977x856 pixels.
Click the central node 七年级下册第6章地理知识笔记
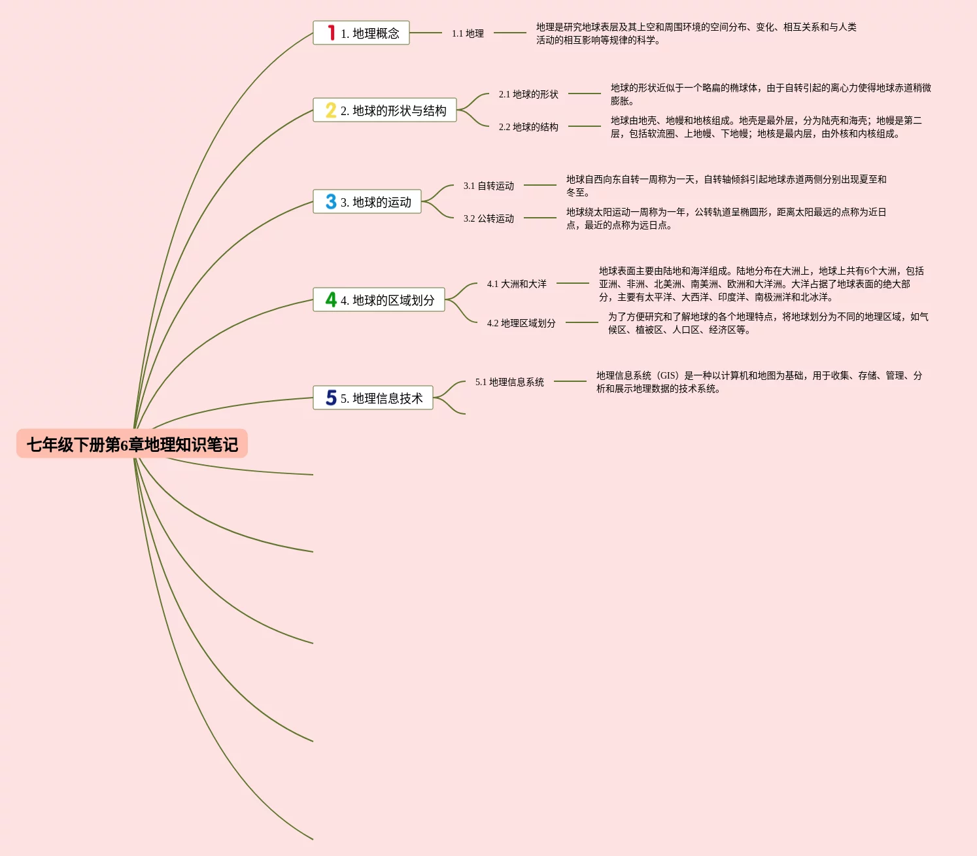pos(132,444)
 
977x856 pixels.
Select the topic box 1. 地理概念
pos(361,33)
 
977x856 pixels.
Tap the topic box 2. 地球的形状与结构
pos(385,110)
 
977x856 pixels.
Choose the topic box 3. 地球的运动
pos(367,201)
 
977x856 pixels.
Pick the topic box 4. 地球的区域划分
pos(379,300)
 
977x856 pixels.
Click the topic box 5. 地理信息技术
pos(373,398)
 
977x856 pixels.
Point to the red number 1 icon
pos(332,33)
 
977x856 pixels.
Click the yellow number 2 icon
pos(331,110)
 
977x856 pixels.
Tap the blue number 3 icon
pos(331,201)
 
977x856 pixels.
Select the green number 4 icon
pos(331,300)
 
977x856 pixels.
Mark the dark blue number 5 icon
pos(331,398)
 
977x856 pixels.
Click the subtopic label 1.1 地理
pos(468,33)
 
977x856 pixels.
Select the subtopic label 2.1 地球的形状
pos(528,94)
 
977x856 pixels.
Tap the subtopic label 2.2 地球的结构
pos(528,127)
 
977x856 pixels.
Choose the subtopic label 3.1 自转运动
pos(488,186)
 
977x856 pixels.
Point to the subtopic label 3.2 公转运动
pos(488,218)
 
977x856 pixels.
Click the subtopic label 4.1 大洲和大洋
pos(517,284)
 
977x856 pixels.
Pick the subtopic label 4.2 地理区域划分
pos(521,323)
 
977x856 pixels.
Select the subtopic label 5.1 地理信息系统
pos(509,382)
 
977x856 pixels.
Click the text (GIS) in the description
pos(668,375)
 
